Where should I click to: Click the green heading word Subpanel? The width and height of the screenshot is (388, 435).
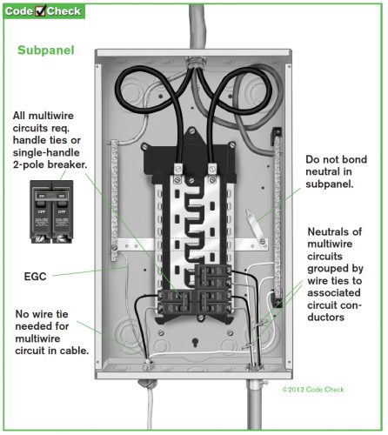[x=47, y=50]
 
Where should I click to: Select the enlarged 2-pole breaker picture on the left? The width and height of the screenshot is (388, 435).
[x=50, y=211]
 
